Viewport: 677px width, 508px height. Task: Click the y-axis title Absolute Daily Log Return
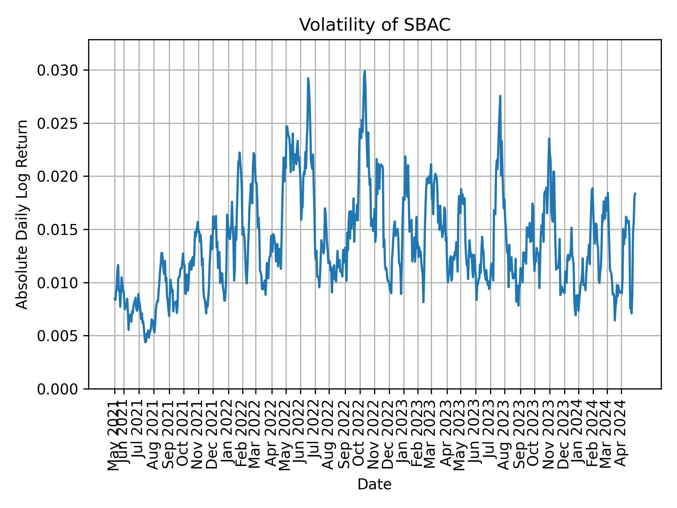click(23, 214)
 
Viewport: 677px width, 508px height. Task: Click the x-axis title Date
click(374, 484)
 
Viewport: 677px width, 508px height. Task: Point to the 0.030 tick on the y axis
click(57, 71)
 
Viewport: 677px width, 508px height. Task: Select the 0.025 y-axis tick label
click(57, 123)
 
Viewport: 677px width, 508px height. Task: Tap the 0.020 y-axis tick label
click(57, 177)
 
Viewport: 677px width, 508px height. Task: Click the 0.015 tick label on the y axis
click(57, 230)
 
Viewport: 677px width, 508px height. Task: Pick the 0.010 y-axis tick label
click(57, 283)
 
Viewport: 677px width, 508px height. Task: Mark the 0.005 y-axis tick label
click(57, 336)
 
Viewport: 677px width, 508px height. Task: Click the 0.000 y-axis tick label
click(57, 389)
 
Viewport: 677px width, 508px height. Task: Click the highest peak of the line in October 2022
click(365, 71)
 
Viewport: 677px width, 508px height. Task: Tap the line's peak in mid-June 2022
click(308, 78)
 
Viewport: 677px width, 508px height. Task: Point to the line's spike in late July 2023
click(500, 96)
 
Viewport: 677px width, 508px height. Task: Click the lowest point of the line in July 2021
click(145, 341)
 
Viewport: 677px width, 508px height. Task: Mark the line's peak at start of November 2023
click(549, 139)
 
